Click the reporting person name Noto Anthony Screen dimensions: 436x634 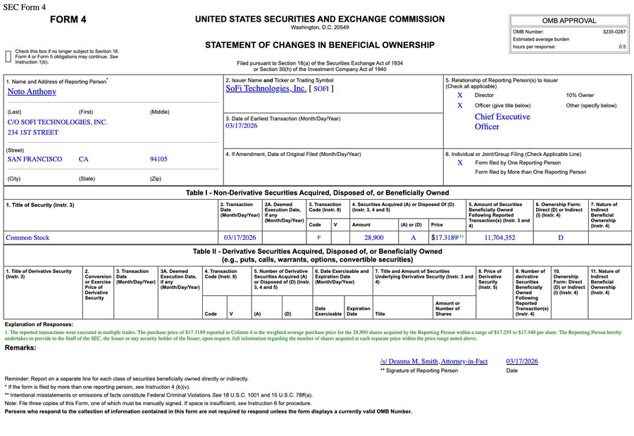pos(32,91)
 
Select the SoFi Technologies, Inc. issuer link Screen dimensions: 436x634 pos(266,89)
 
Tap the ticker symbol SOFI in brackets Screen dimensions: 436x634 pos(321,89)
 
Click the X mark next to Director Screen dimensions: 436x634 pos(460,95)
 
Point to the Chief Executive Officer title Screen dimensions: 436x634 pos(502,122)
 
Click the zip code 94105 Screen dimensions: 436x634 pos(158,159)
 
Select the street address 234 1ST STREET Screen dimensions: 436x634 pos(33,132)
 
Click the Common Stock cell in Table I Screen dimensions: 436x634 pos(28,238)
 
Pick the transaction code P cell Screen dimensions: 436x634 pos(319,238)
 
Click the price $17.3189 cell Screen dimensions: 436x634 pos(447,238)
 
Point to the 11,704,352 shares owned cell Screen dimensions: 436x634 pos(499,238)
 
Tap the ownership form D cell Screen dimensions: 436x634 pos(561,238)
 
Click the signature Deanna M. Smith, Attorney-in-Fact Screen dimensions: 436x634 pos(433,361)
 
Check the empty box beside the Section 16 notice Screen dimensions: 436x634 pos(8,56)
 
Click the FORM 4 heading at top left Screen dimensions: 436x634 pos(68,20)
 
